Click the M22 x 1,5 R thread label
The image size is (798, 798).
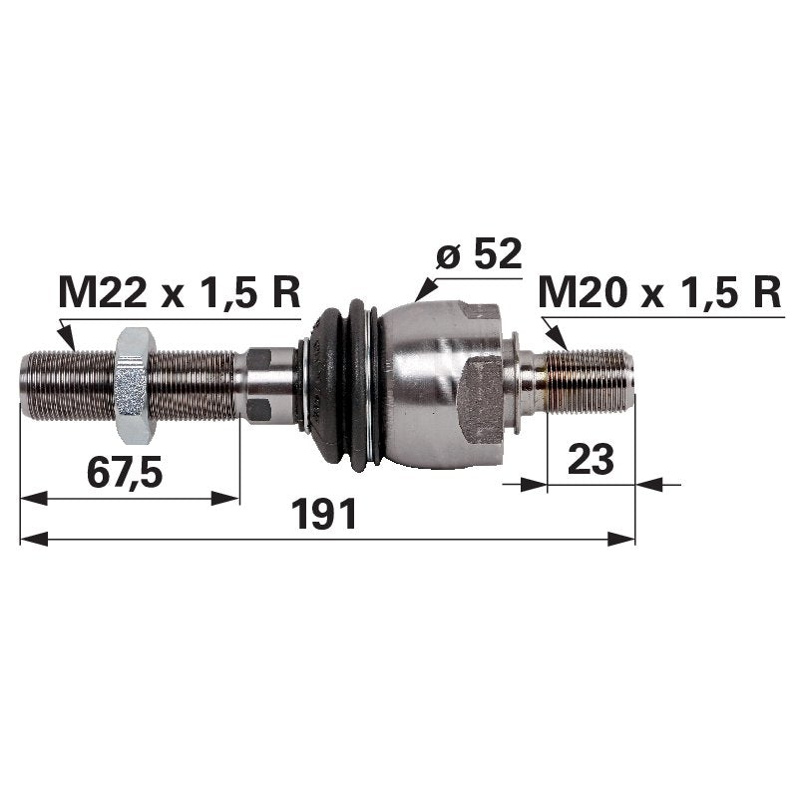click(x=180, y=292)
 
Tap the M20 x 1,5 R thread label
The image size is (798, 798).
click(x=659, y=292)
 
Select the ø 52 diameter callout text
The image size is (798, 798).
click(x=479, y=254)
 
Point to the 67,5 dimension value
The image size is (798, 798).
click(x=125, y=472)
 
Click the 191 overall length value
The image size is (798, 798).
click(x=323, y=514)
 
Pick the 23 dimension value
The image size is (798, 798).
click(x=591, y=459)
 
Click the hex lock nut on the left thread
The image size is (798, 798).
click(x=135, y=385)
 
